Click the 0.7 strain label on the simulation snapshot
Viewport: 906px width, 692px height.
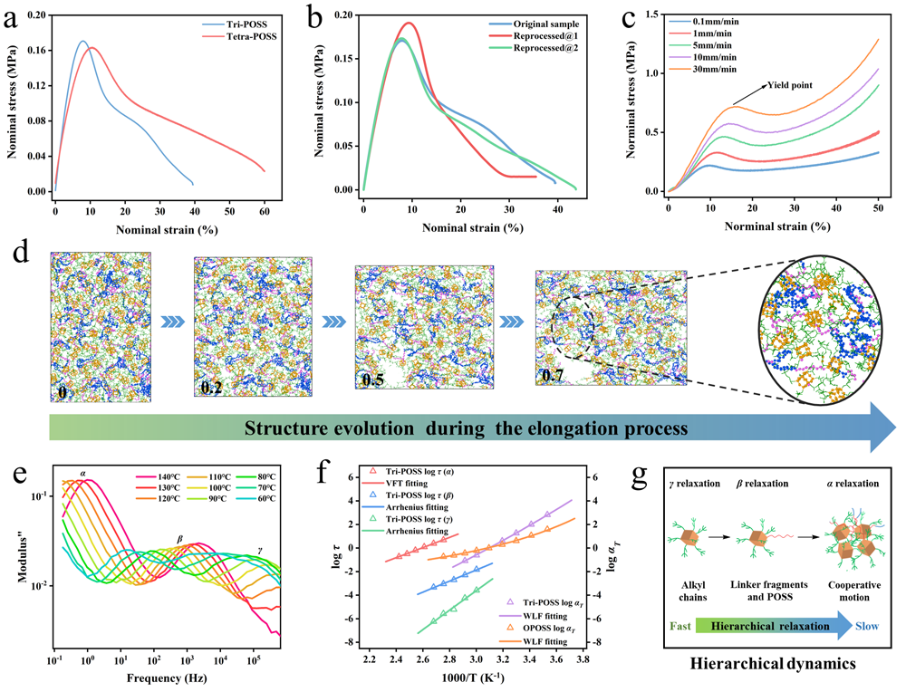(552, 373)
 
